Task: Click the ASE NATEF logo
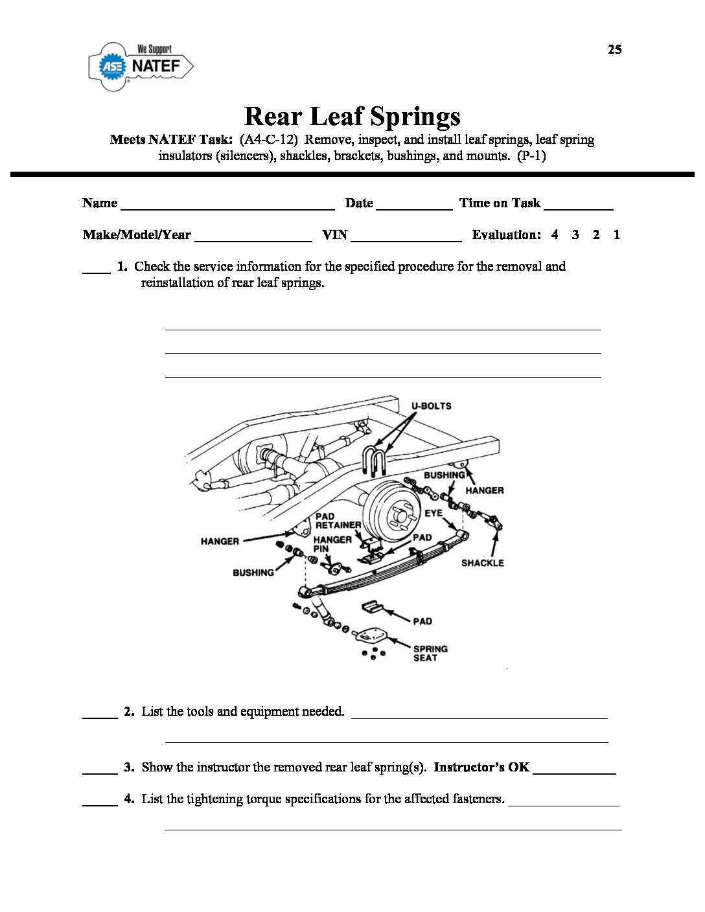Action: (x=141, y=66)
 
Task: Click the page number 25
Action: (x=614, y=50)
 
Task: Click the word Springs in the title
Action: (x=415, y=117)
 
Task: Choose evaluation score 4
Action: (x=555, y=234)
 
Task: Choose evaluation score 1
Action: (x=616, y=234)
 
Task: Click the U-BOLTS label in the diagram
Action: (x=431, y=406)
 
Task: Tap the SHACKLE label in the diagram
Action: (x=482, y=563)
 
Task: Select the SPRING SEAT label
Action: (x=430, y=653)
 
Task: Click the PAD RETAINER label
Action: (x=338, y=521)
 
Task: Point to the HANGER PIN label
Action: (x=332, y=543)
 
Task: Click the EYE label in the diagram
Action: (x=433, y=513)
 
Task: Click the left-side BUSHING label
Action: (x=253, y=573)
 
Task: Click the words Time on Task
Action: (x=500, y=203)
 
